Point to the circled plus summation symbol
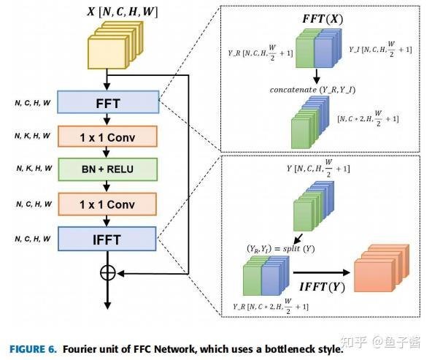[107, 273]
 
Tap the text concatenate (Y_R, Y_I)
[307, 90]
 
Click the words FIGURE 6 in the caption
[31, 349]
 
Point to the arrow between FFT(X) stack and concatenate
[318, 76]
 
